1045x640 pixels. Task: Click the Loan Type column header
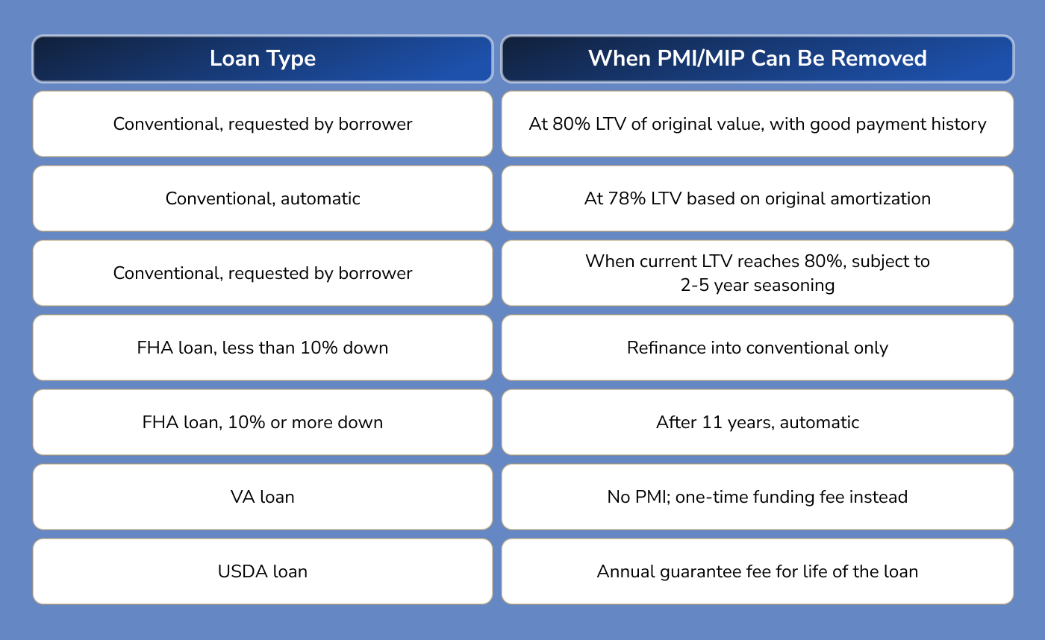tap(263, 58)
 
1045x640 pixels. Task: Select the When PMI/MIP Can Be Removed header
tap(757, 58)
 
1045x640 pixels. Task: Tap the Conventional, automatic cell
tap(263, 198)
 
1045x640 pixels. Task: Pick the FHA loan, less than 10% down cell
tap(263, 348)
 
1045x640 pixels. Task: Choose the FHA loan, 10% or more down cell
tap(263, 422)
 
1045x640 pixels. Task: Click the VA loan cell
tap(263, 497)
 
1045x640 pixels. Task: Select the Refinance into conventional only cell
tap(757, 348)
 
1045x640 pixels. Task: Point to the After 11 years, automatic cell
tap(757, 422)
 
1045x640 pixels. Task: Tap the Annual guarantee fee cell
tap(757, 571)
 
